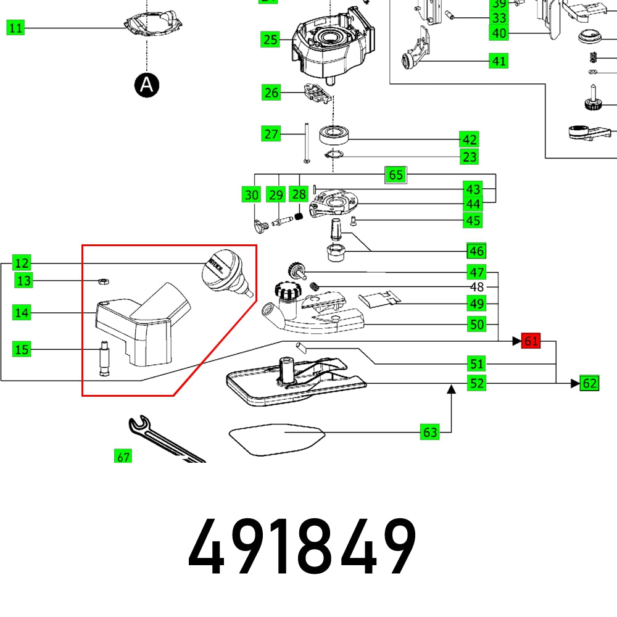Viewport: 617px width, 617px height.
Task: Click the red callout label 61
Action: point(531,341)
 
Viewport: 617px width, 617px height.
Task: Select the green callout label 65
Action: point(395,175)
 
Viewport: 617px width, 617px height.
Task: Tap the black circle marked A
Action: point(146,85)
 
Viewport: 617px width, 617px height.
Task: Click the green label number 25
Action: point(270,40)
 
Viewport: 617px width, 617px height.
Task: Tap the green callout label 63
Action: point(429,433)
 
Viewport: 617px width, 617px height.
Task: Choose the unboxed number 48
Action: point(477,288)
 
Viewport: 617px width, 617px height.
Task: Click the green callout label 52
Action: point(476,383)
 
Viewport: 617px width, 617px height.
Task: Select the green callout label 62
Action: point(589,383)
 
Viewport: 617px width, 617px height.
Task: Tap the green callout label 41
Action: point(499,60)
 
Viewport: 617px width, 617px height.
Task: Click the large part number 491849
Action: point(302,547)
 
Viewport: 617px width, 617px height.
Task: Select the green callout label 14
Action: point(22,313)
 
